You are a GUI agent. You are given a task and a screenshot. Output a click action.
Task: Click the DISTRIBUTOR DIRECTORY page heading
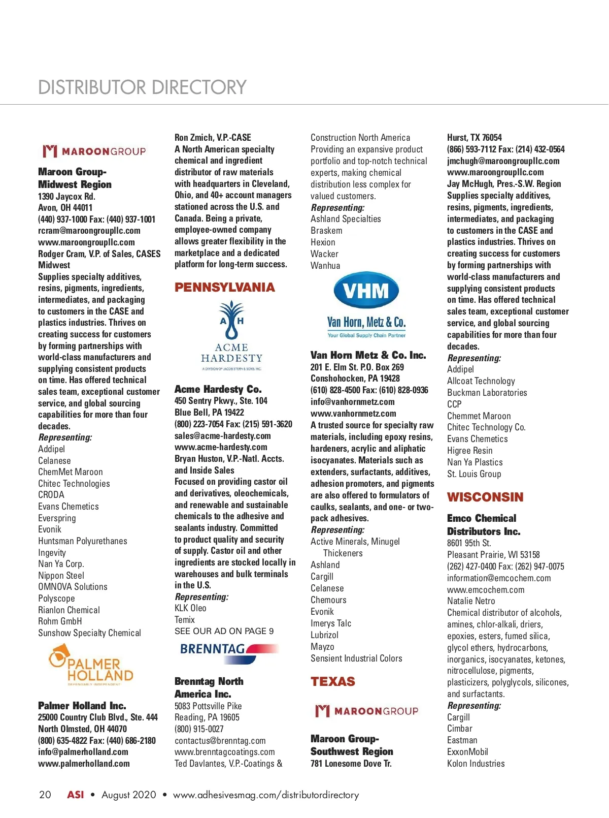pyautogui.click(x=142, y=87)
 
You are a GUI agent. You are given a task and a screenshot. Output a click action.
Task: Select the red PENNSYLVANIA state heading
pyautogui.click(x=224, y=288)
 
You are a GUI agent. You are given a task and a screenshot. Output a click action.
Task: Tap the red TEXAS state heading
pyautogui.click(x=332, y=681)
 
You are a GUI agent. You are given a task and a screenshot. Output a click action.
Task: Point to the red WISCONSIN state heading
pyautogui.click(x=485, y=497)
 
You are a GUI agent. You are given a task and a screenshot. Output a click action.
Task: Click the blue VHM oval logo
pyautogui.click(x=366, y=291)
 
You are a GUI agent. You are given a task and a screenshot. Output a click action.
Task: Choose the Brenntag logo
pyautogui.click(x=229, y=652)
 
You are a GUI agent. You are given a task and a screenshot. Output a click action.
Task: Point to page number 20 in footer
pyautogui.click(x=45, y=795)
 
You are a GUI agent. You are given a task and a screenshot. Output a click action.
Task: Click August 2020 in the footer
pyautogui.click(x=128, y=795)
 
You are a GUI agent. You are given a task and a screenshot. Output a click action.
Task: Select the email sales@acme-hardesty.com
pyautogui.click(x=222, y=435)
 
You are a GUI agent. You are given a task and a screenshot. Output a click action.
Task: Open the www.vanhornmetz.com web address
pyautogui.click(x=353, y=414)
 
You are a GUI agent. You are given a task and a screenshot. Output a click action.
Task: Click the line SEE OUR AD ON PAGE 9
pyautogui.click(x=224, y=631)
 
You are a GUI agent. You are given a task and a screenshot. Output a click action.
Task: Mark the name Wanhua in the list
pyautogui.click(x=325, y=265)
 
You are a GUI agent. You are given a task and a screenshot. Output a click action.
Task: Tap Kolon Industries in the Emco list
pyautogui.click(x=476, y=763)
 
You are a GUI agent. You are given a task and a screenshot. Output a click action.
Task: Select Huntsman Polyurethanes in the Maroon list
pyautogui.click(x=82, y=541)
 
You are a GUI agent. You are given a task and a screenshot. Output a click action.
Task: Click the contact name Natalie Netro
pyautogui.click(x=470, y=601)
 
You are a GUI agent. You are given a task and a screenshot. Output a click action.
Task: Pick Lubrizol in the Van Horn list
pyautogui.click(x=324, y=635)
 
